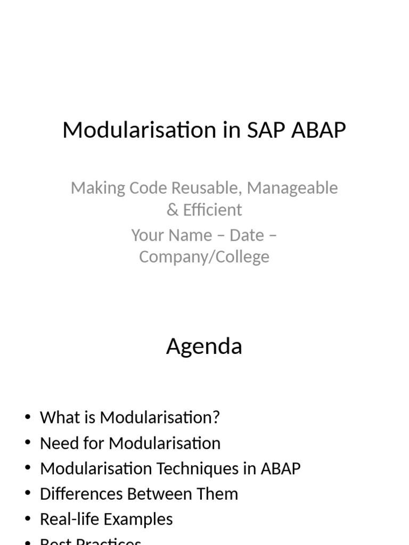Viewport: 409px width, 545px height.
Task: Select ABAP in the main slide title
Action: coord(319,130)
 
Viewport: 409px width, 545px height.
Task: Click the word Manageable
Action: coord(292,188)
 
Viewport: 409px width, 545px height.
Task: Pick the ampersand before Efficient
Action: coord(172,210)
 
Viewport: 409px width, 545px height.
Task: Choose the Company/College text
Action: coord(204,257)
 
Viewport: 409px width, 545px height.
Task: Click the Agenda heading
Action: coord(204,346)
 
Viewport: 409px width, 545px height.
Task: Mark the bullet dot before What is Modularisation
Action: coord(28,417)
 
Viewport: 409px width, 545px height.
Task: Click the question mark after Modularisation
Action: coord(216,417)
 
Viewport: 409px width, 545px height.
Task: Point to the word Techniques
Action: coord(198,468)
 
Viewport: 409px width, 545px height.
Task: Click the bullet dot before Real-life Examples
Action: coord(28,519)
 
